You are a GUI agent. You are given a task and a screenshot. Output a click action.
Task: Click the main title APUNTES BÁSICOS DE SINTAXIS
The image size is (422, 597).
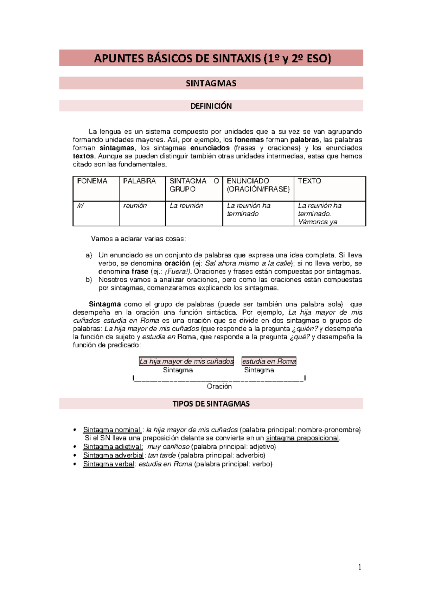[212, 58]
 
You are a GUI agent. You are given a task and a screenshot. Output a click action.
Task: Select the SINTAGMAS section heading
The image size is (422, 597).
[211, 83]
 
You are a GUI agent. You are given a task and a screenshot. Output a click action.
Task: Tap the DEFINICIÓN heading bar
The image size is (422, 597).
[211, 106]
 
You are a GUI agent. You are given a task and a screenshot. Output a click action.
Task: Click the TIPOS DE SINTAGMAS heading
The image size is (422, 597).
[211, 404]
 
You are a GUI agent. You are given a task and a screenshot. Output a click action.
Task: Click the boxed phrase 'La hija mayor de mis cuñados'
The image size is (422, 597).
[186, 361]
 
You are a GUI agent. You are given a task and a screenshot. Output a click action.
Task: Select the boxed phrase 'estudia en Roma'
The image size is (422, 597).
[269, 361]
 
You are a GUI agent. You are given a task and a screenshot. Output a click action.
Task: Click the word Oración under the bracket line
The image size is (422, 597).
[219, 386]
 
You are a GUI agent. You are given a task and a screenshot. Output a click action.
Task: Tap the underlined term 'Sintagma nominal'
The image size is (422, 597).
[112, 430]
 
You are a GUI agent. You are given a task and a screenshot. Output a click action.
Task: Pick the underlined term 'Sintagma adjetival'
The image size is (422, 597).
[113, 447]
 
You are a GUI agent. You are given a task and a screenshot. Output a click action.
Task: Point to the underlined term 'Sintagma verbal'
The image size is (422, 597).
[109, 464]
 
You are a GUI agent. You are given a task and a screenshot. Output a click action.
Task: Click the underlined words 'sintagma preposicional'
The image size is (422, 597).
[303, 438]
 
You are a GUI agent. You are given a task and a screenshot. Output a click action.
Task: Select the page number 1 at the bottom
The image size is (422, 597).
[359, 567]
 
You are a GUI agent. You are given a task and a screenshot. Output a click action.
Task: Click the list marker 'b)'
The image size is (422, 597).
[89, 280]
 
